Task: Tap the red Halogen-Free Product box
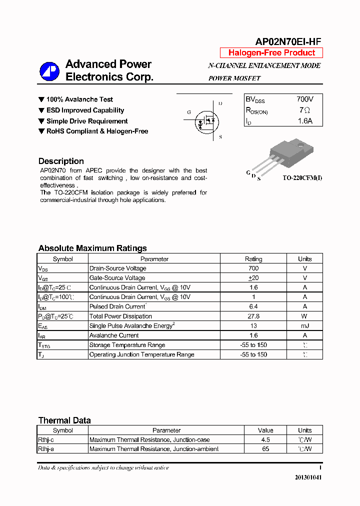(x=271, y=53)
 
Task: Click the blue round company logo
(x=49, y=71)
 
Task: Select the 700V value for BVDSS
(x=304, y=99)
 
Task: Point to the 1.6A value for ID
(x=304, y=121)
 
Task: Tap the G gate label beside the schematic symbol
(x=189, y=112)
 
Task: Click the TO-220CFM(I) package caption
(x=302, y=178)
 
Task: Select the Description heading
(x=61, y=161)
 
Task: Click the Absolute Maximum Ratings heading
(x=92, y=248)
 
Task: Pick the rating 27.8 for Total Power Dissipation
(x=253, y=316)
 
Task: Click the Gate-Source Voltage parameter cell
(x=117, y=278)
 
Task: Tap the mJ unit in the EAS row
(x=304, y=326)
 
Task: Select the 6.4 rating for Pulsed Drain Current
(x=253, y=306)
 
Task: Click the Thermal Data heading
(x=64, y=420)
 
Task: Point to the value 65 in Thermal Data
(x=265, y=449)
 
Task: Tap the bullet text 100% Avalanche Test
(x=79, y=99)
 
